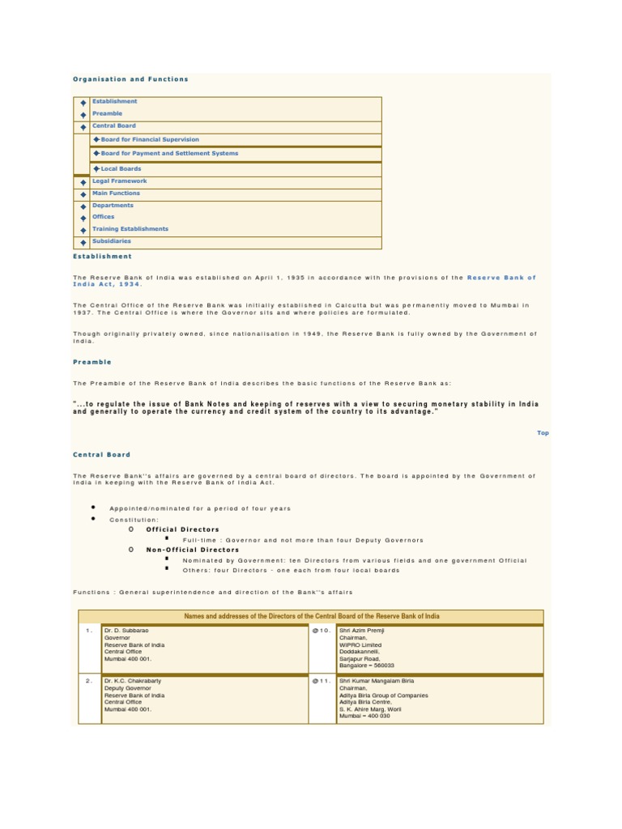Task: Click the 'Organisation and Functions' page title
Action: point(130,79)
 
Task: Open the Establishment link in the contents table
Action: point(114,102)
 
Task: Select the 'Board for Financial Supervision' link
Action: point(149,139)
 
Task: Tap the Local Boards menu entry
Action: point(120,169)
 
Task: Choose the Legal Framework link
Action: point(119,181)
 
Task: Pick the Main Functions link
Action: point(116,193)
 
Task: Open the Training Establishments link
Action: point(130,229)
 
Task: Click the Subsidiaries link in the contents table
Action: point(111,241)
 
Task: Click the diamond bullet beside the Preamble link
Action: point(83,115)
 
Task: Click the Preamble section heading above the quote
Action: point(92,362)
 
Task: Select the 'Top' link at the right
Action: point(543,433)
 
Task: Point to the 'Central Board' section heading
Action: point(101,455)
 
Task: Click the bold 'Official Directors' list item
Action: point(182,529)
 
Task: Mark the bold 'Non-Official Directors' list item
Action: point(192,550)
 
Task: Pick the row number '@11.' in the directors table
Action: point(322,682)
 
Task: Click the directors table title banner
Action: point(312,616)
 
